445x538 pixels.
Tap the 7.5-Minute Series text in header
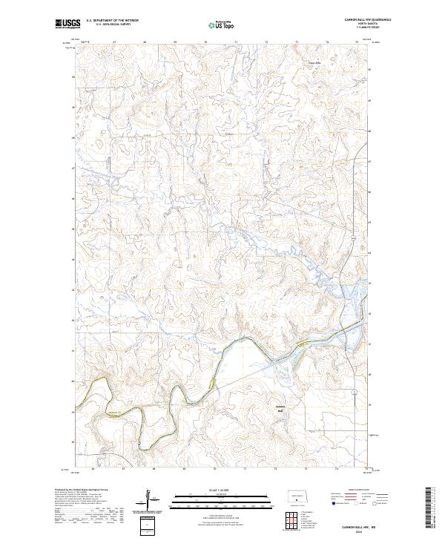click(x=346, y=29)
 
